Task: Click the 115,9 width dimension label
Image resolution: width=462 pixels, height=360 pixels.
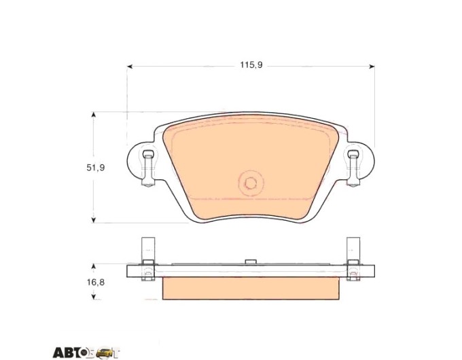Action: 251,65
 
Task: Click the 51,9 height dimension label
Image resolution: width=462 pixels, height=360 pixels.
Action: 96,168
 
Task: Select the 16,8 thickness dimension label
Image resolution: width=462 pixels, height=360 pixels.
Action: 96,282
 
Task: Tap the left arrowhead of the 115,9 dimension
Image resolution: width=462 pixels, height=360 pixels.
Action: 130,67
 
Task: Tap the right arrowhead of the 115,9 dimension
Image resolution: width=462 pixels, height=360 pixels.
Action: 372,67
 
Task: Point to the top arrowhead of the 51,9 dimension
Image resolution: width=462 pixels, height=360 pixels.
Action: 93,115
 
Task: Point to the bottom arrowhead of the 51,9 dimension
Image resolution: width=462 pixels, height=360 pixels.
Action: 93,220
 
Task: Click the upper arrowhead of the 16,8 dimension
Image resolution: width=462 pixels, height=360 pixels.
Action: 93,266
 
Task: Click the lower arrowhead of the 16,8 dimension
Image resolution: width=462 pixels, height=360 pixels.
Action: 93,297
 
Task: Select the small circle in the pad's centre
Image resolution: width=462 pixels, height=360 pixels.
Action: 251,183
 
